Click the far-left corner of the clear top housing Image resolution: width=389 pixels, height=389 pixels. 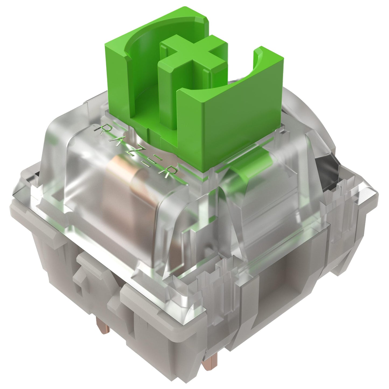tap(16, 191)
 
